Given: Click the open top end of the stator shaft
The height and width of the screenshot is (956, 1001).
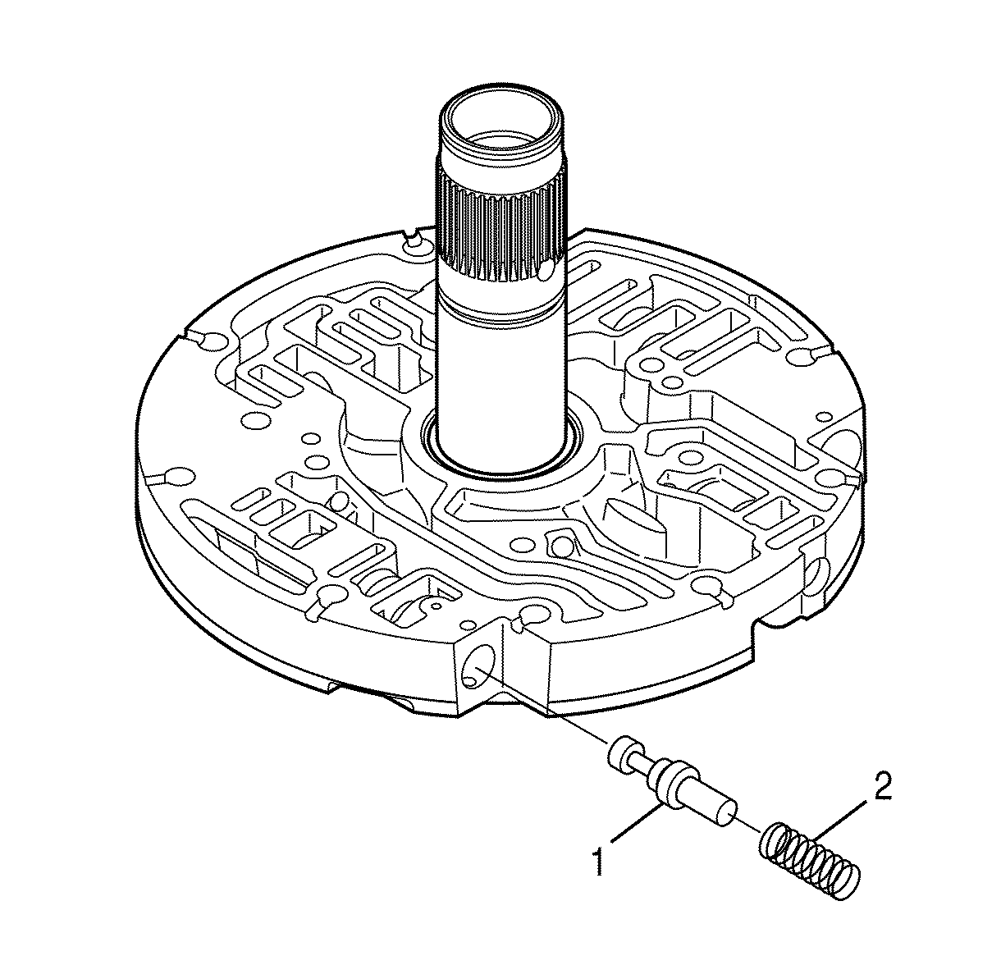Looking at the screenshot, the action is pyautogui.click(x=503, y=124).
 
